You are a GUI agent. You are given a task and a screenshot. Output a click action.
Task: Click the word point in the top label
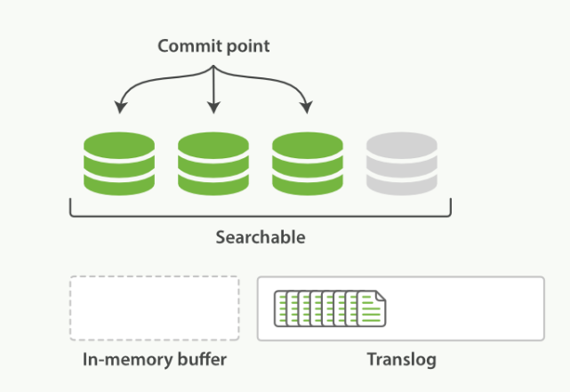245,45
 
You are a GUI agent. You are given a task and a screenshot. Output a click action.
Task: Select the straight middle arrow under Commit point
213,89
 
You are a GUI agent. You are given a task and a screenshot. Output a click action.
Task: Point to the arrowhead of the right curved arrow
307,108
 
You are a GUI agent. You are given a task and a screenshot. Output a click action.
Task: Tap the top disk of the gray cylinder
401,145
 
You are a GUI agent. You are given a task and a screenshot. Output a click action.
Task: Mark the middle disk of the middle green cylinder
213,165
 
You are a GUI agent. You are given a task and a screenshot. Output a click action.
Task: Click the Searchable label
260,237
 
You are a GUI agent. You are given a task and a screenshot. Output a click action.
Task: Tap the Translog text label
400,360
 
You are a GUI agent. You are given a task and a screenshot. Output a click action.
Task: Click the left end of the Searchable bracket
71,208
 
